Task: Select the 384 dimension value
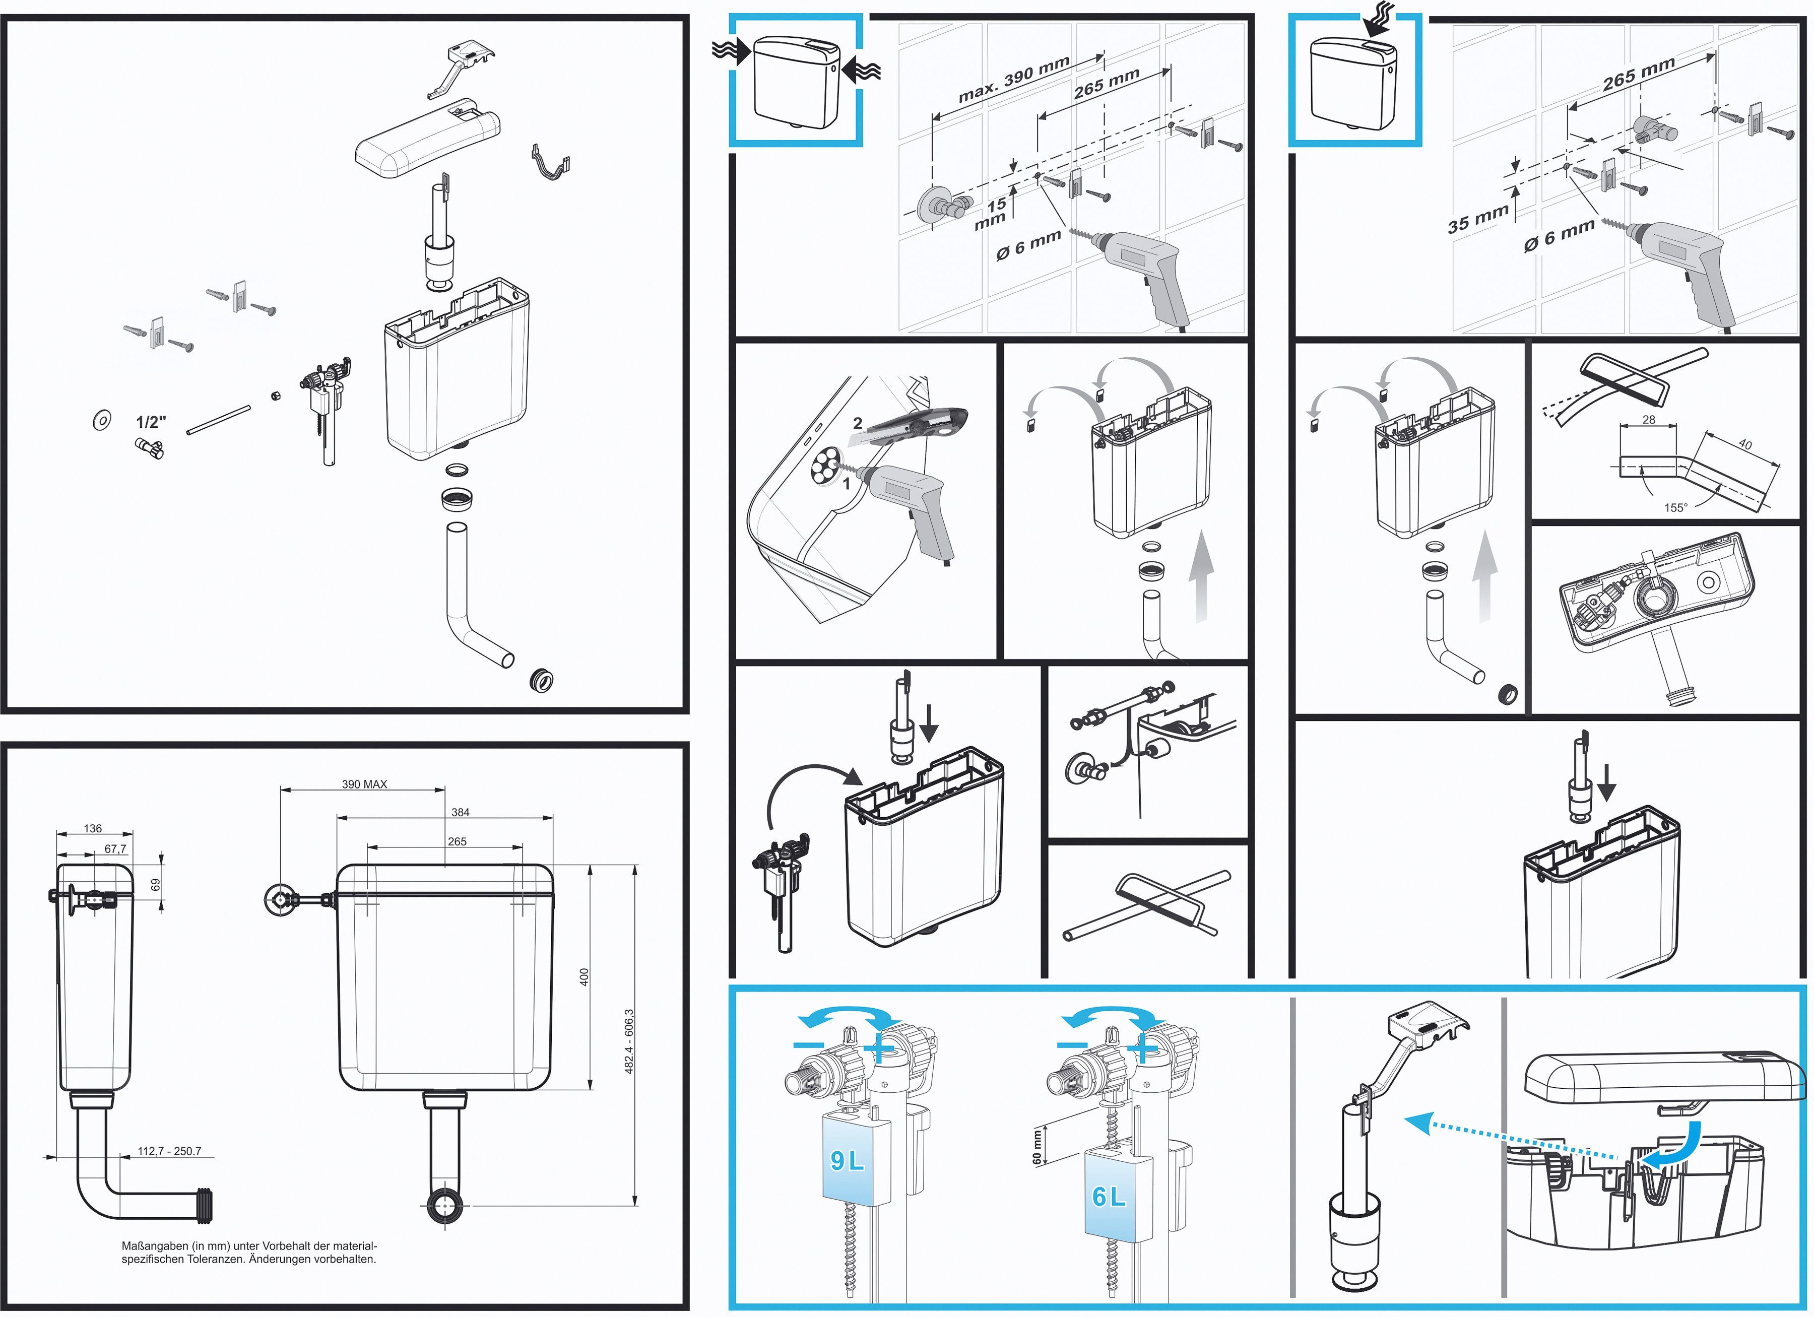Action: tap(460, 813)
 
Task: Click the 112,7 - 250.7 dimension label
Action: tap(170, 1151)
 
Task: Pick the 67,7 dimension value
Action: tap(115, 849)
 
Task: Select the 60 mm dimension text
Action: tap(1038, 1146)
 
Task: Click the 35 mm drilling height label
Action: tap(1477, 218)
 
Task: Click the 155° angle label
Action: tap(1675, 508)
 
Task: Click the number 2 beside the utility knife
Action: tap(858, 423)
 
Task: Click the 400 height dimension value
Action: tap(584, 977)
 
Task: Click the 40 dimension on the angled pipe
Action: tap(1744, 444)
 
